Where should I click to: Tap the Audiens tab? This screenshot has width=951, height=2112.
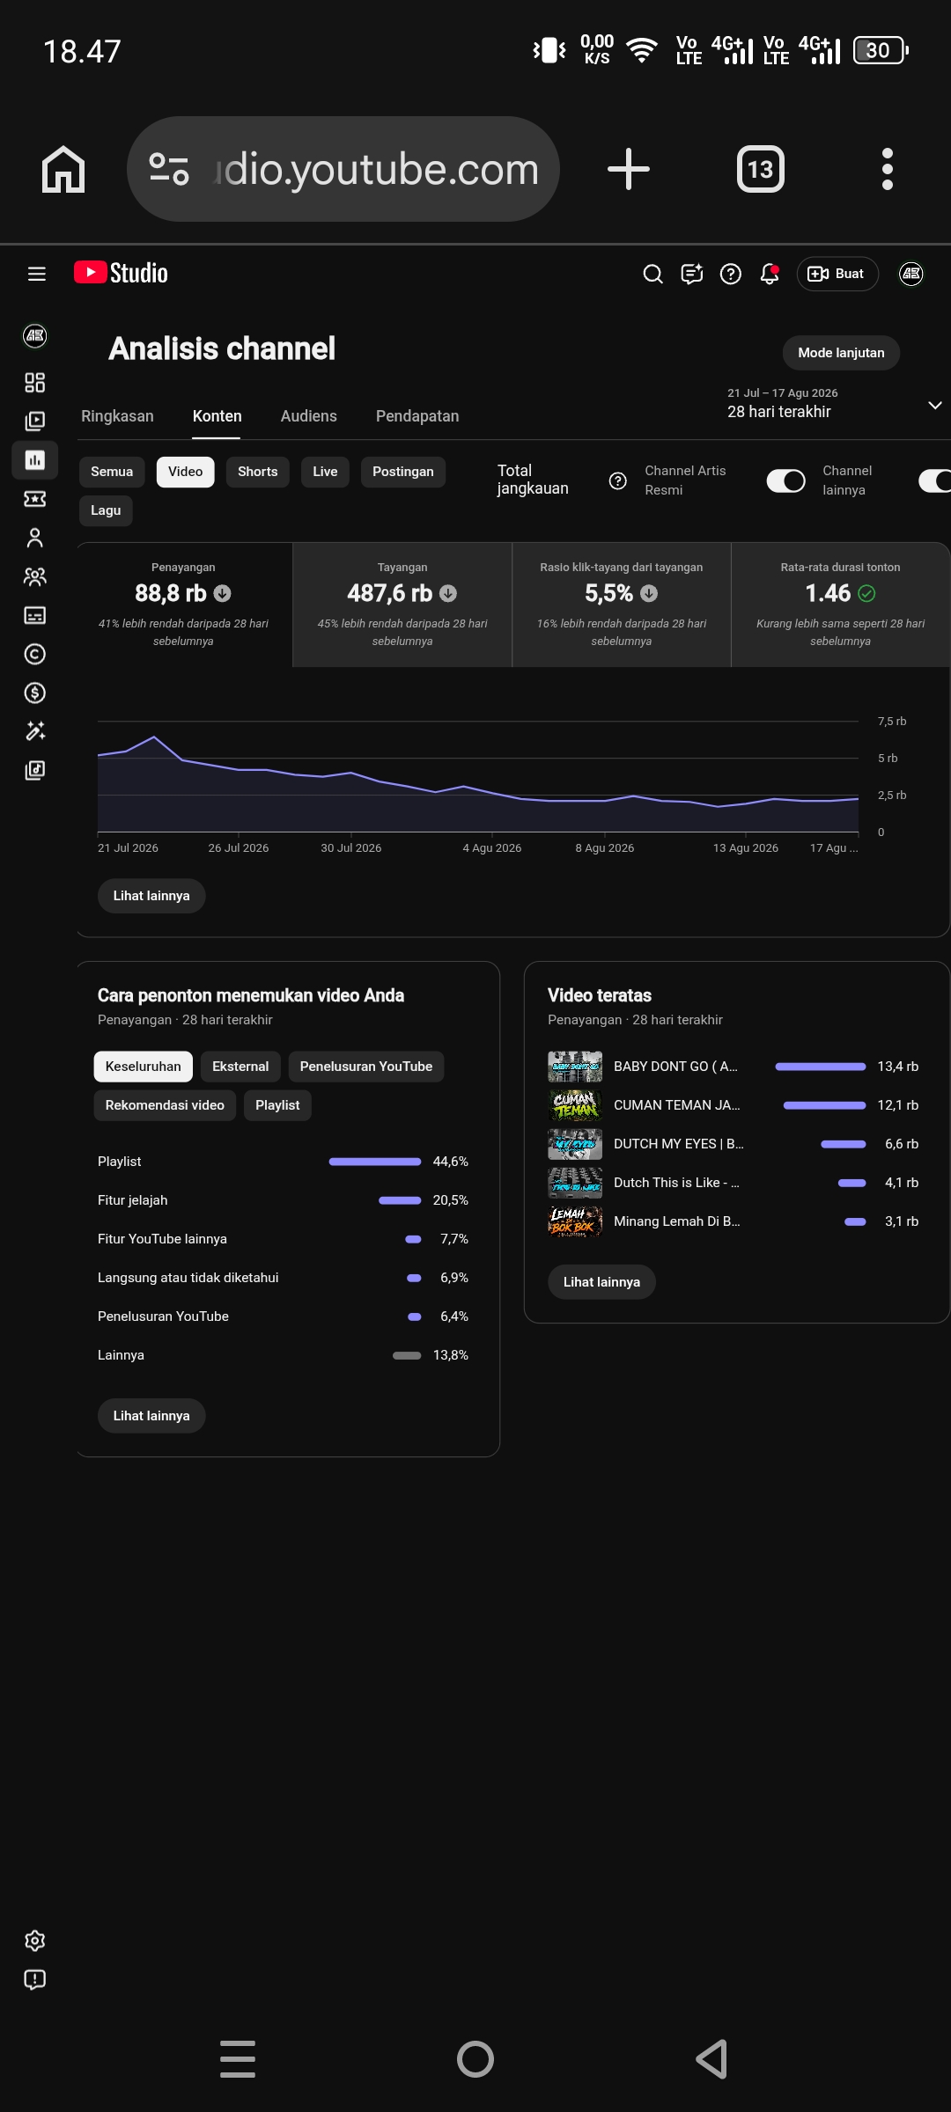pyautogui.click(x=308, y=416)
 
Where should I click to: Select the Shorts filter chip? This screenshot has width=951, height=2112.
pyautogui.click(x=257, y=472)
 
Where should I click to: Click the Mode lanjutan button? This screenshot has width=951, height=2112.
pyautogui.click(x=841, y=353)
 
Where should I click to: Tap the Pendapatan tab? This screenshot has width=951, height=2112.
pyautogui.click(x=417, y=416)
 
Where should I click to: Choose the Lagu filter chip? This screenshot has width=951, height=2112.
pyautogui.click(x=106, y=510)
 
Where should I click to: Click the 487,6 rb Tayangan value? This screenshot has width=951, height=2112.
pyautogui.click(x=390, y=593)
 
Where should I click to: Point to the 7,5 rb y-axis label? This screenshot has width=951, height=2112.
pyautogui.click(x=892, y=722)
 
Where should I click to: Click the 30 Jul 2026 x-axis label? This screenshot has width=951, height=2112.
pyautogui.click(x=351, y=848)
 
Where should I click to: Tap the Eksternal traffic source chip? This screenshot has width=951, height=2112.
pyautogui.click(x=240, y=1067)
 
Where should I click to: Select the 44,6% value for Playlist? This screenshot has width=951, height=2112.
pyautogui.click(x=451, y=1162)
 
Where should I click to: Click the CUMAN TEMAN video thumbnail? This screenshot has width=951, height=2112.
pyautogui.click(x=575, y=1105)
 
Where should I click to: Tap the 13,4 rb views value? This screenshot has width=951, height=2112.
pyautogui.click(x=898, y=1067)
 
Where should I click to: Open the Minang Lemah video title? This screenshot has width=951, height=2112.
pyautogui.click(x=677, y=1221)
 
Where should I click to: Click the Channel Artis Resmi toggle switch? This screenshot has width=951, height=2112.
pyautogui.click(x=786, y=480)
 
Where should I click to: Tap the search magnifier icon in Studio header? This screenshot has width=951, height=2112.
pyautogui.click(x=652, y=275)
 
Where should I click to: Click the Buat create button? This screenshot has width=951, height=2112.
pyautogui.click(x=837, y=274)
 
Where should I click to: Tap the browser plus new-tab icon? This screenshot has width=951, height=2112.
pyautogui.click(x=629, y=169)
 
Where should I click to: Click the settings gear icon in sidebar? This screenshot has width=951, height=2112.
pyautogui.click(x=35, y=1940)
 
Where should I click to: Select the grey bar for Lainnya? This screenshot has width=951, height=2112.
pyautogui.click(x=407, y=1355)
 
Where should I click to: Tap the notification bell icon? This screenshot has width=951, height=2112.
pyautogui.click(x=770, y=275)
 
